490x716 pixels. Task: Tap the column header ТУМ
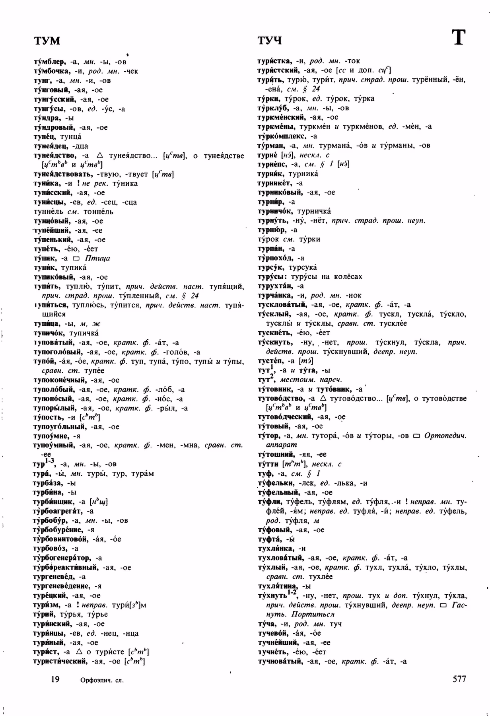coord(47,41)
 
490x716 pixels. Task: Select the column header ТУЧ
coord(270,41)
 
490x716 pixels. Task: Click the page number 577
coord(459,679)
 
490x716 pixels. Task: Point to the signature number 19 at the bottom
coord(55,679)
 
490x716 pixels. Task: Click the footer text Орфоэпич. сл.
coord(102,680)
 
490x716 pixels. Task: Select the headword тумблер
coord(49,62)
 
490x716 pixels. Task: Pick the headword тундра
coord(47,118)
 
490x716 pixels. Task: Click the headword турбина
coord(49,492)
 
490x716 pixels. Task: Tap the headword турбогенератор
coord(62,558)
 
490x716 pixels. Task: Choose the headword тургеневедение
coord(63,586)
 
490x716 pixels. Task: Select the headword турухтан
coord(275,286)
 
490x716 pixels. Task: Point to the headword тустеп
coord(270,361)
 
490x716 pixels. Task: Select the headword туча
coord(267,624)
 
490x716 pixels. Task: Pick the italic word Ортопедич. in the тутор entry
coord(445,436)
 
